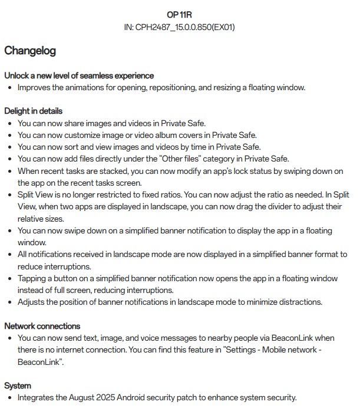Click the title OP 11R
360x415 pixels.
180,15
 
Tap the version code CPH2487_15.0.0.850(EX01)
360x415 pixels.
186,27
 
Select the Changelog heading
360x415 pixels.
30,51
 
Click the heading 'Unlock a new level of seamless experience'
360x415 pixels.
79,75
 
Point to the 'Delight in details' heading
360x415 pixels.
33,111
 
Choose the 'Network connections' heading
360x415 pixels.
42,326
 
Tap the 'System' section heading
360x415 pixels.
17,386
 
